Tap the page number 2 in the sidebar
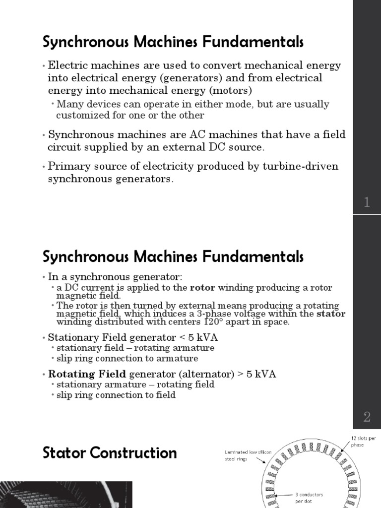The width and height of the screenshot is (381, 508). coord(367,417)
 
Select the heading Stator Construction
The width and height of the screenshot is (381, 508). coord(110,453)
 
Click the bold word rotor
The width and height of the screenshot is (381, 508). coord(201,288)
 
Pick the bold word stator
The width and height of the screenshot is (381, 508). coord(331,314)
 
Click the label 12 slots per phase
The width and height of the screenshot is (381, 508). coord(357,441)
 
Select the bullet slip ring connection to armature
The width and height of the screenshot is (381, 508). coord(127,358)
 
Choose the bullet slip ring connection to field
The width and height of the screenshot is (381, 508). coord(116,395)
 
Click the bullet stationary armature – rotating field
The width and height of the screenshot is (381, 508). coord(135,384)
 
